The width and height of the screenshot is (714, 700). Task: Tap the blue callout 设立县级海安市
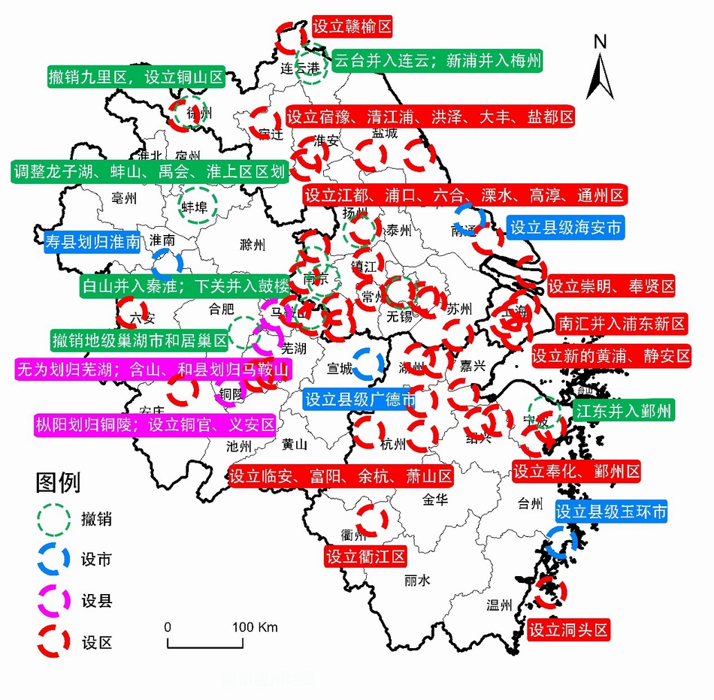(566, 228)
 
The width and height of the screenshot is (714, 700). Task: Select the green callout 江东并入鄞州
(623, 411)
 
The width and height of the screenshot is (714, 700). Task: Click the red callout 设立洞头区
(567, 629)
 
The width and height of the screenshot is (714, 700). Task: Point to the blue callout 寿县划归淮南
(93, 242)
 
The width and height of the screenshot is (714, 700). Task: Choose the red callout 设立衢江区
(365, 557)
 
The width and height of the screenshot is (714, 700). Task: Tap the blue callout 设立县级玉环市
(611, 512)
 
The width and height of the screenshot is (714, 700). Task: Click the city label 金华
(435, 499)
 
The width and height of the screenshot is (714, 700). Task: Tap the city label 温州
(500, 605)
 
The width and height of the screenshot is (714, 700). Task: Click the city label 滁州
(253, 245)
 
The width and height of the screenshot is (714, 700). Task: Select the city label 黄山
(295, 445)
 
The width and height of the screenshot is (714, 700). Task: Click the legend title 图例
(59, 481)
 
